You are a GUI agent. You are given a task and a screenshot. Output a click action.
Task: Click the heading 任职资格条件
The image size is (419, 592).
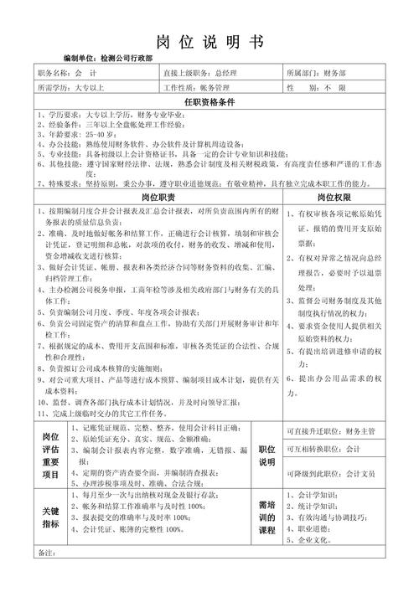pos(209,101)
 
